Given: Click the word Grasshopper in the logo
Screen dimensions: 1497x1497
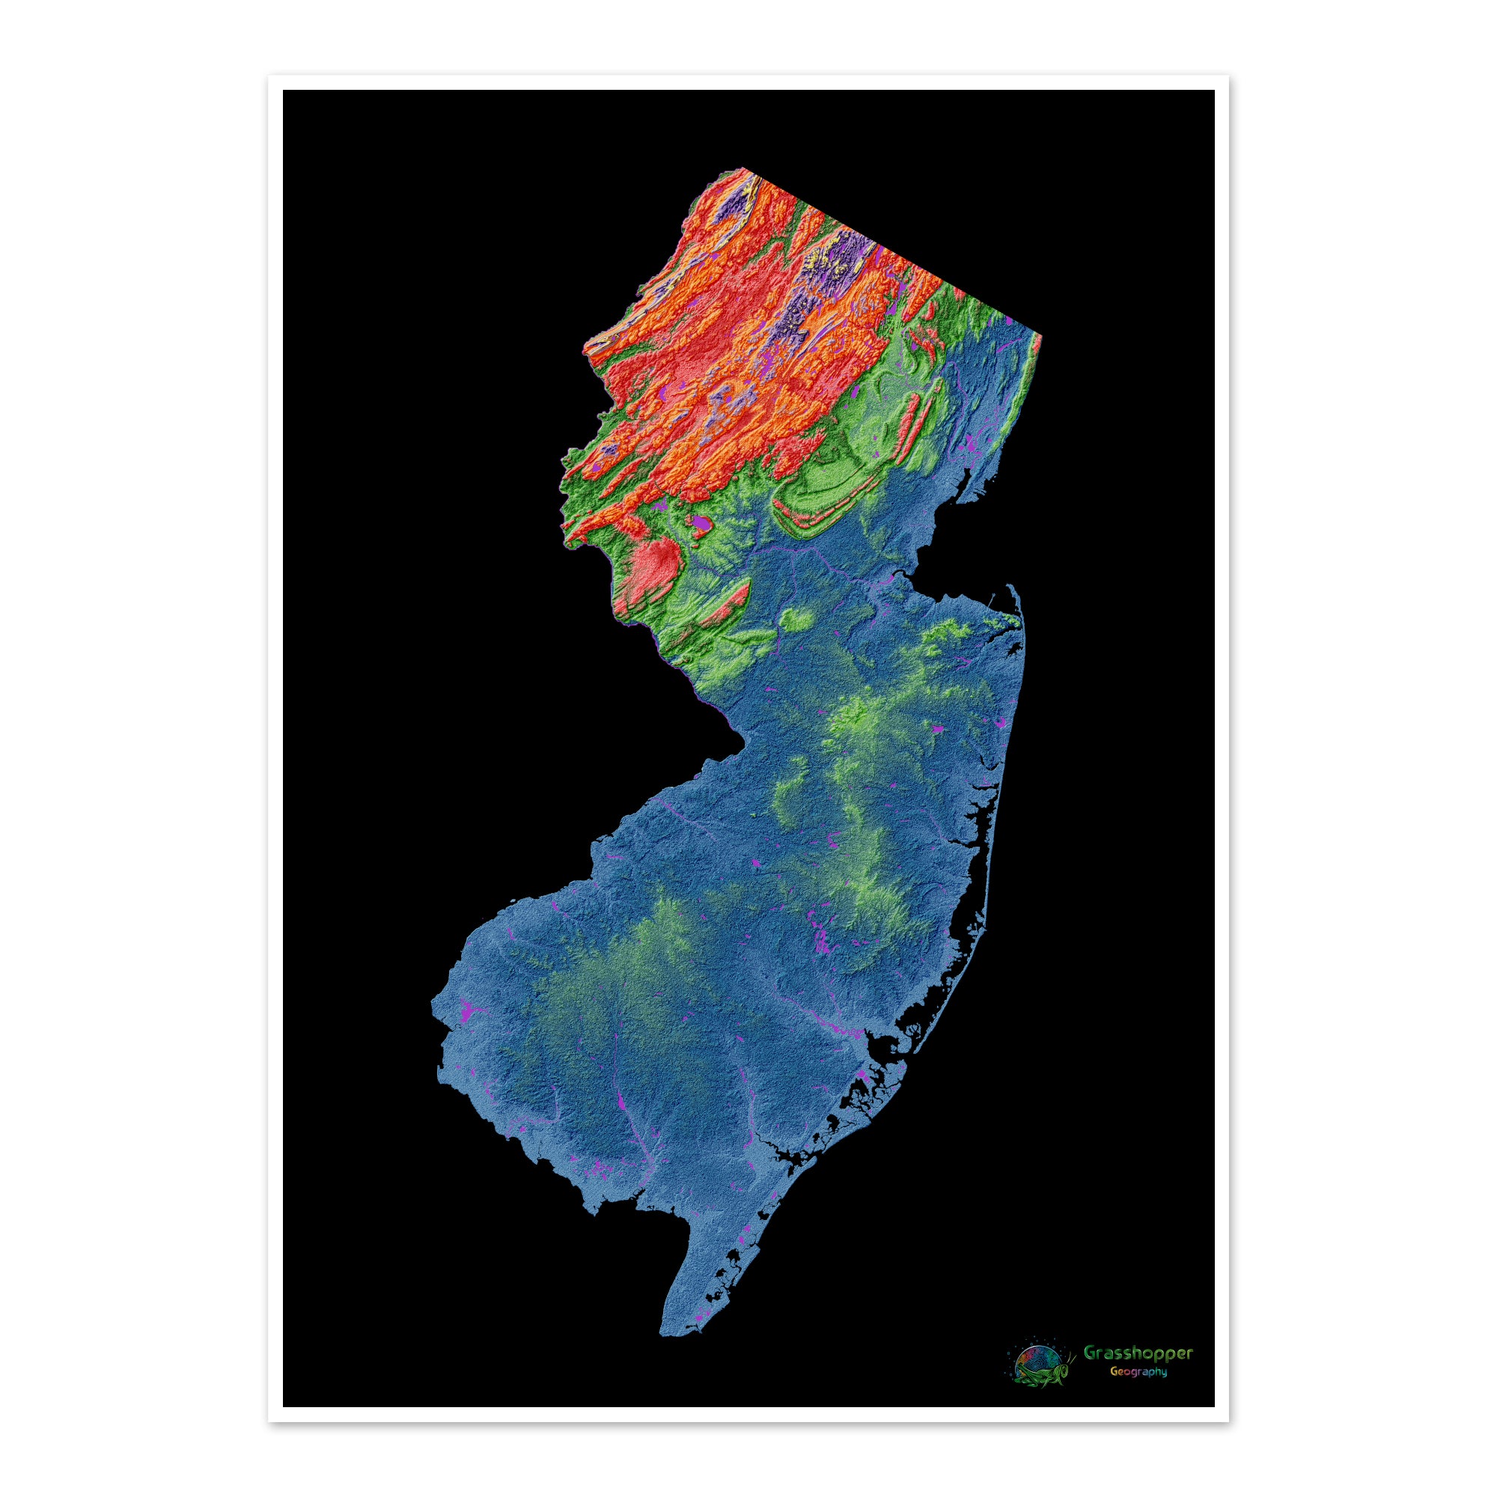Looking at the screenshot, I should (x=1138, y=1353).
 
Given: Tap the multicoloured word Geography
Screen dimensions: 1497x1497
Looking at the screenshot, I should (x=1138, y=1371).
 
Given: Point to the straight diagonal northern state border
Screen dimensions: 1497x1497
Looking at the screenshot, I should (x=891, y=252).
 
